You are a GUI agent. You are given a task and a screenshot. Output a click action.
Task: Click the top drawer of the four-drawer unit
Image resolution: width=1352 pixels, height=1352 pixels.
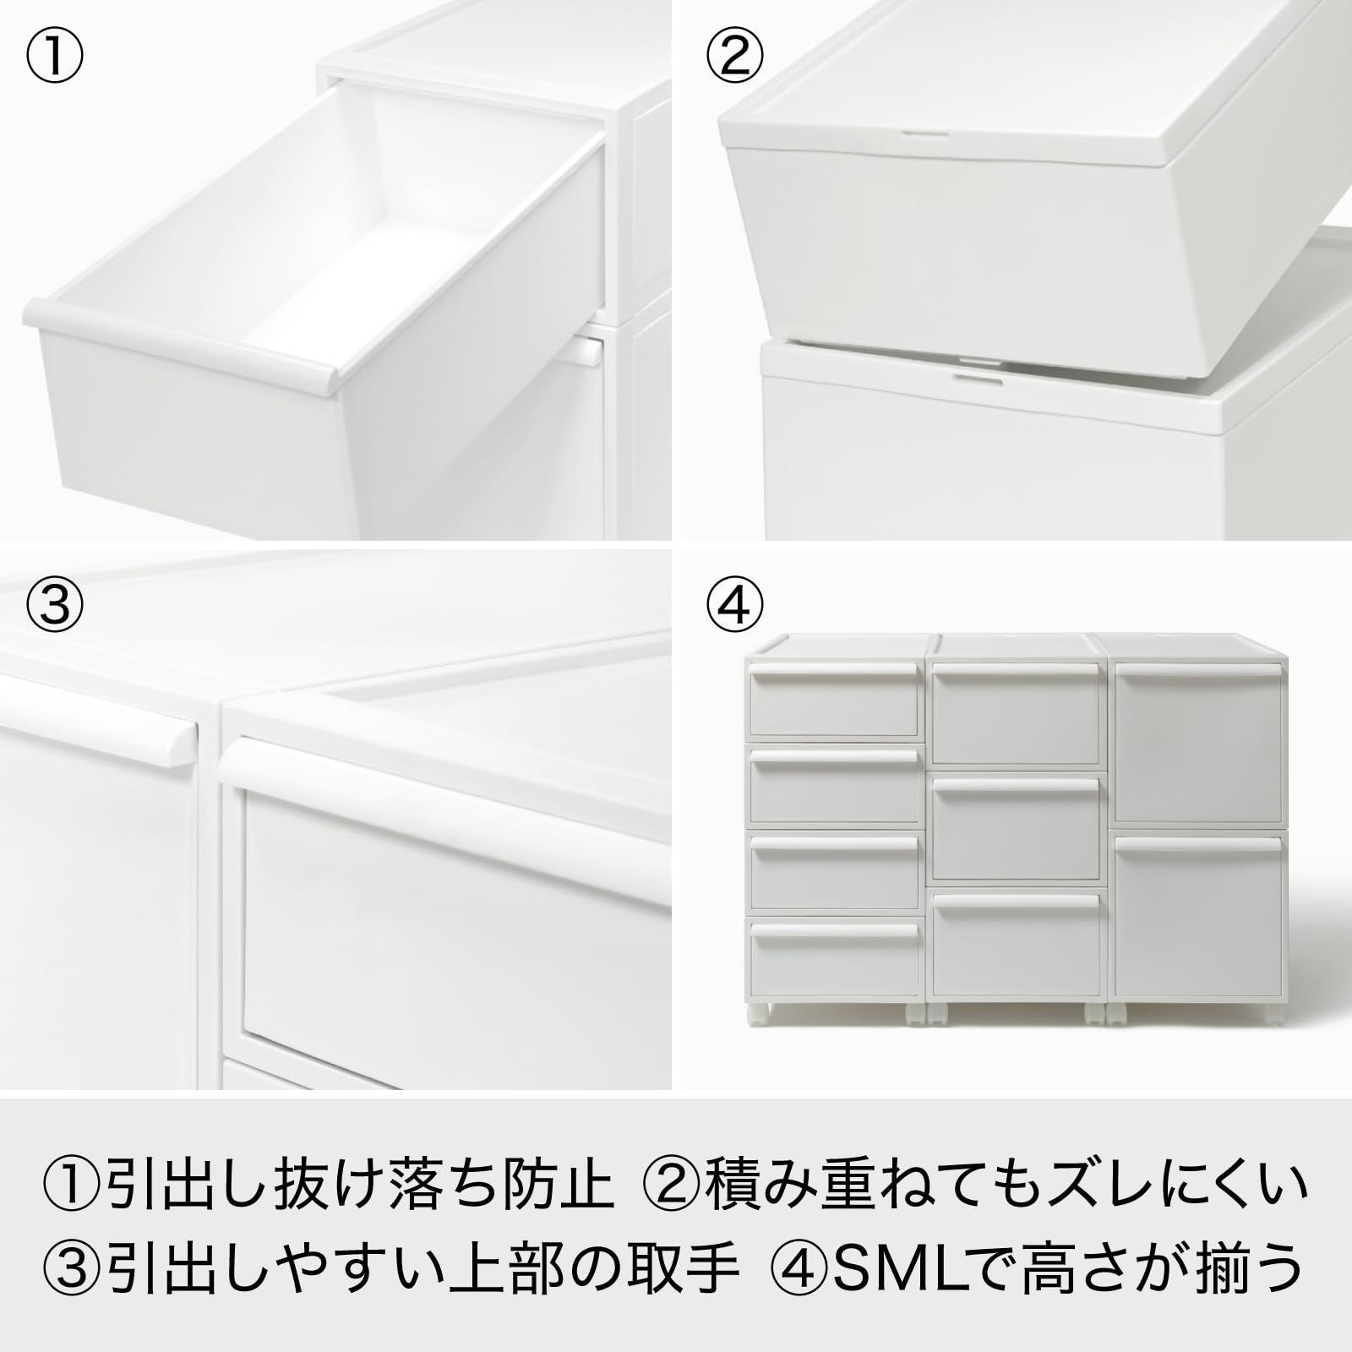pyautogui.click(x=834, y=701)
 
